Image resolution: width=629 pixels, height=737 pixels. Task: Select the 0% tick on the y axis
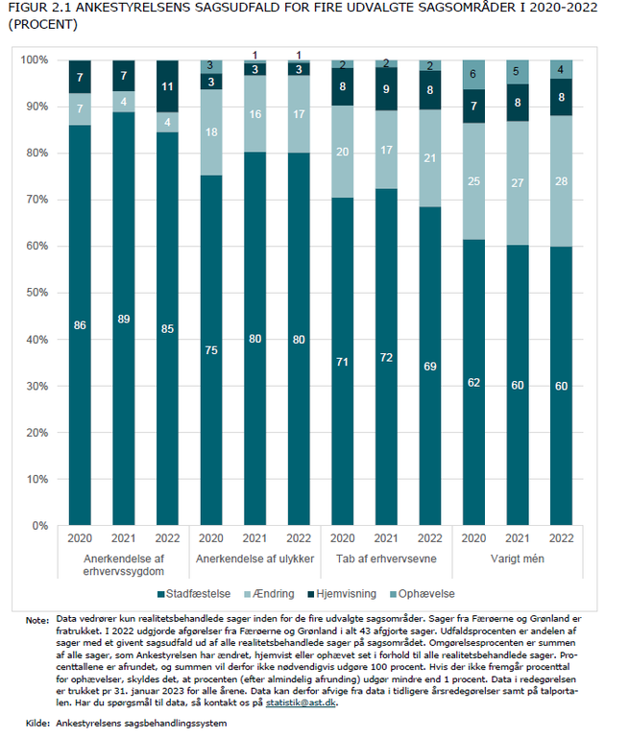coord(39,526)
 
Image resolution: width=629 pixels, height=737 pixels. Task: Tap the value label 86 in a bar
coord(80,326)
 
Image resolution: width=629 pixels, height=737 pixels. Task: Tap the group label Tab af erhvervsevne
coord(385,558)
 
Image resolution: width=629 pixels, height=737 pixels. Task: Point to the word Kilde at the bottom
coord(36,722)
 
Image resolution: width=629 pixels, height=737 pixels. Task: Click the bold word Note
coord(37,621)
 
